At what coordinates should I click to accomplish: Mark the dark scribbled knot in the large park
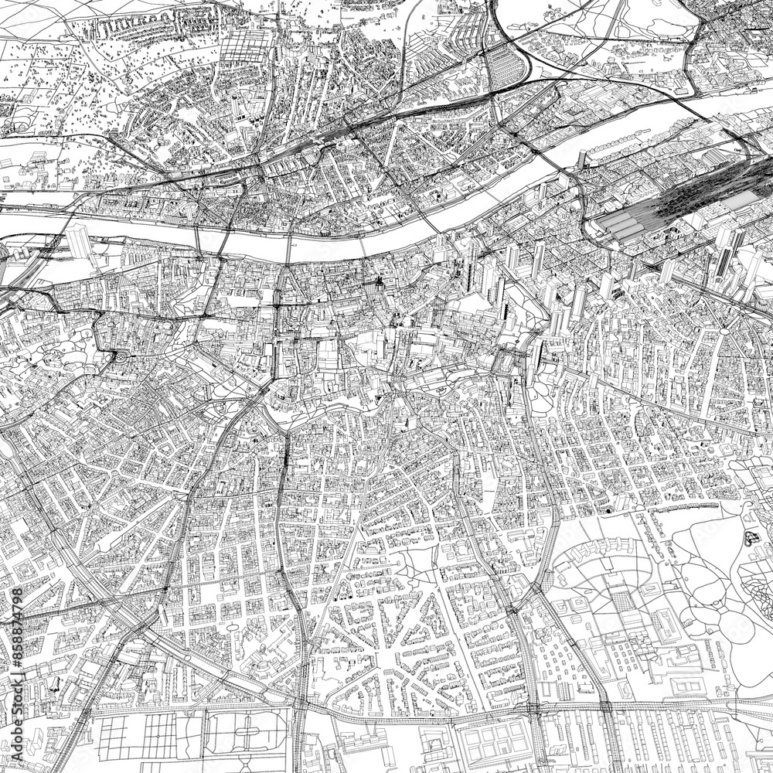(x=750, y=537)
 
